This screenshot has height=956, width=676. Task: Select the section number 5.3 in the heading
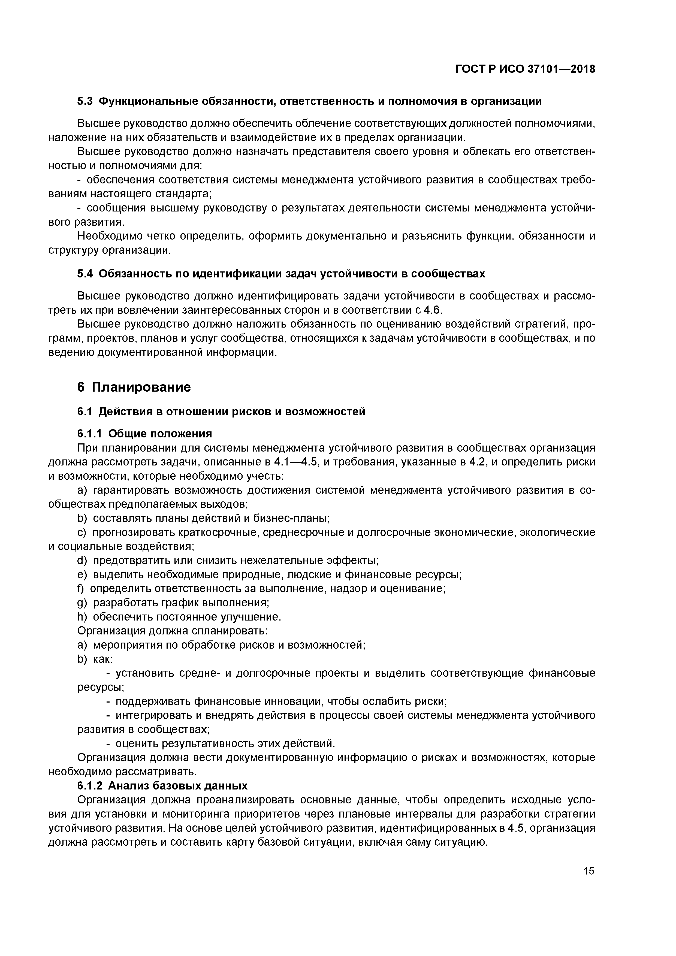point(85,101)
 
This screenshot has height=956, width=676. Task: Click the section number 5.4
point(85,274)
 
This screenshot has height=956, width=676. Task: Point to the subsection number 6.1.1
point(90,434)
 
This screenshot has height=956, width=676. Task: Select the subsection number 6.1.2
point(90,786)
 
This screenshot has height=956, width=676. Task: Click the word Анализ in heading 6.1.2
point(128,786)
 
